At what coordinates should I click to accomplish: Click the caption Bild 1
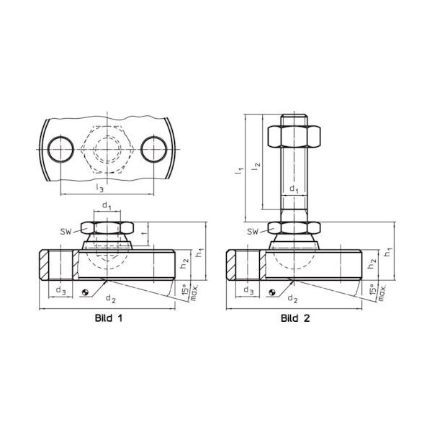pyautogui.click(x=109, y=318)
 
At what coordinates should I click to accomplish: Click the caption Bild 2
pyautogui.click(x=295, y=318)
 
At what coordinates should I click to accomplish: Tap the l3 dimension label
pyautogui.click(x=100, y=188)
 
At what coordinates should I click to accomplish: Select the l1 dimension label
pyautogui.click(x=239, y=171)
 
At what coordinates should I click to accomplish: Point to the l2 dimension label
pyautogui.click(x=256, y=166)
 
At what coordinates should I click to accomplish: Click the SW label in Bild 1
pyautogui.click(x=66, y=231)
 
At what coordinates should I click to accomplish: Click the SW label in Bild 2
pyautogui.click(x=253, y=231)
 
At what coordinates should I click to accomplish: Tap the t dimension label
pyautogui.click(x=143, y=233)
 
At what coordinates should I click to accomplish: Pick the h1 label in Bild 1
pyautogui.click(x=199, y=253)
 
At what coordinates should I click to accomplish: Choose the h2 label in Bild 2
pyautogui.click(x=372, y=264)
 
